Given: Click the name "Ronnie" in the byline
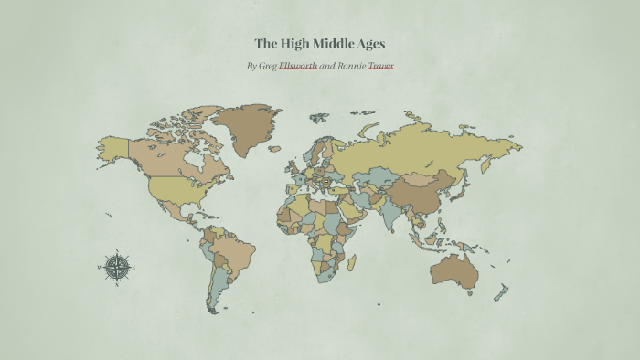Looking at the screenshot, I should coord(353,66).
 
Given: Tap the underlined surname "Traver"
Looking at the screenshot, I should coord(380,66).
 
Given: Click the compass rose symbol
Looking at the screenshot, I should coord(116,267).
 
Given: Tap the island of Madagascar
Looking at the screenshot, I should coord(350,262).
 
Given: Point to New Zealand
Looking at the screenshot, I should coord(501,292).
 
